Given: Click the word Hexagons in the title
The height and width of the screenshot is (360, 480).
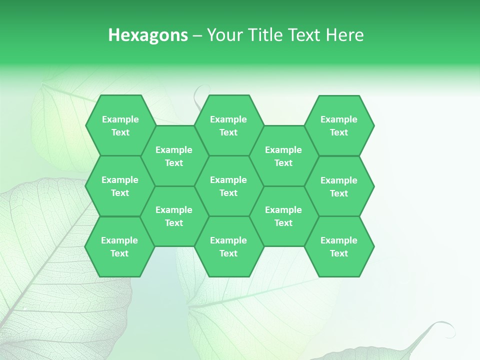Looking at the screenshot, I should [x=148, y=35].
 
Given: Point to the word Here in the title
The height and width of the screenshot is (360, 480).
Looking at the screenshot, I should [x=345, y=35].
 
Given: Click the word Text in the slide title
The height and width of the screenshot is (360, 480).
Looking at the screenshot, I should [x=306, y=35].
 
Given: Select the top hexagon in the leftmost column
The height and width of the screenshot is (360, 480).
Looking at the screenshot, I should [x=120, y=125].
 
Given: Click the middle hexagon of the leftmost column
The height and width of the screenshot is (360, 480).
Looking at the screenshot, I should [x=120, y=186].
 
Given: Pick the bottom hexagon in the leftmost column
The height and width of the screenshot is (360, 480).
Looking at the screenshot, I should [x=119, y=246].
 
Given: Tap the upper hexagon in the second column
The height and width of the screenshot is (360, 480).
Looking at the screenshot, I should [x=174, y=156].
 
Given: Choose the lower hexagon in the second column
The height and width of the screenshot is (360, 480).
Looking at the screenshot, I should [x=174, y=216].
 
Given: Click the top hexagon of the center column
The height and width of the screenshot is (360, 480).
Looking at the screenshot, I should [x=228, y=125].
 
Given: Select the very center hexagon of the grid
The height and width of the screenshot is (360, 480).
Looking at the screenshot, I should [x=228, y=186].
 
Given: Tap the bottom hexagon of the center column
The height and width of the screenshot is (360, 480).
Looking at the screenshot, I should [x=228, y=246].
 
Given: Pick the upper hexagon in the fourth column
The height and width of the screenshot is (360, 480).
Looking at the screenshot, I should [x=283, y=156].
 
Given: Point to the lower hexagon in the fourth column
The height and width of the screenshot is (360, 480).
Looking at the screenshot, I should [x=283, y=216].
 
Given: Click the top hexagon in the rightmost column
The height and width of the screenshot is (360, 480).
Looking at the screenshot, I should [x=339, y=125].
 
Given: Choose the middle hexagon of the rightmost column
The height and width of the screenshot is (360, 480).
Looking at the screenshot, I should [x=339, y=186].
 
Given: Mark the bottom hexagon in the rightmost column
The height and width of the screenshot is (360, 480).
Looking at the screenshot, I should [x=339, y=246].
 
